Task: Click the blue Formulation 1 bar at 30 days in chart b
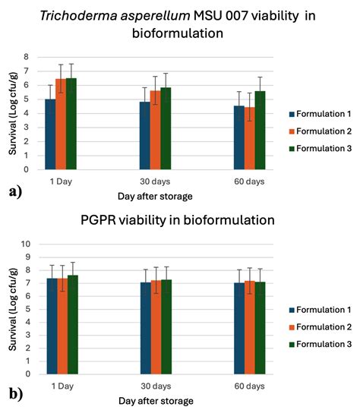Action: (x=145, y=328)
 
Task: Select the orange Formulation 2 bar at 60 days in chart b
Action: (x=250, y=328)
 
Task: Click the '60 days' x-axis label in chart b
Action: (x=250, y=386)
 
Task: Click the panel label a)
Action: (x=15, y=191)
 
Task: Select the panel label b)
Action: (x=15, y=394)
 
